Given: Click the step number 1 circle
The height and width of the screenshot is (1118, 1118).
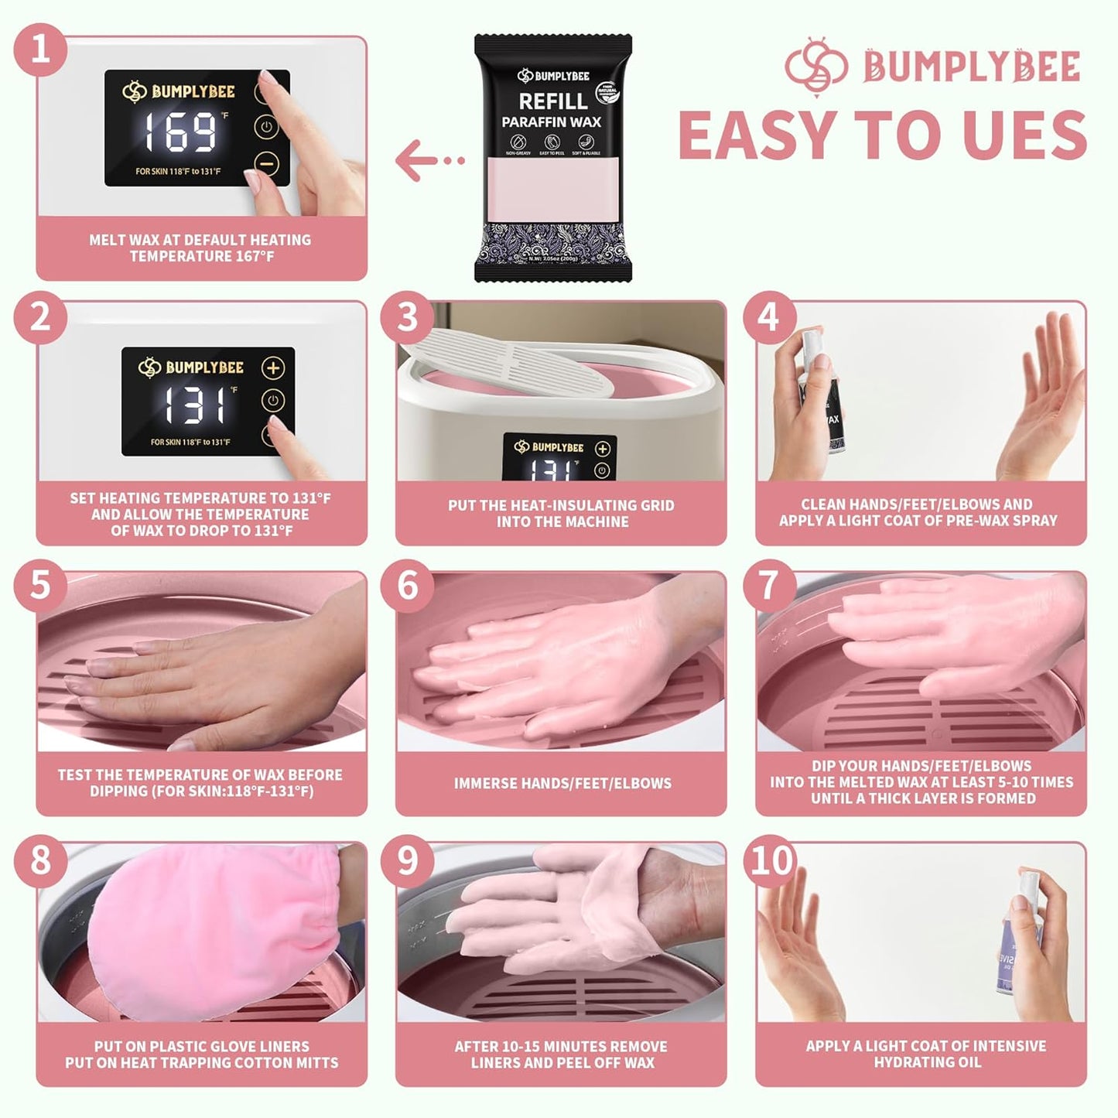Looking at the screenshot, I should click(39, 52).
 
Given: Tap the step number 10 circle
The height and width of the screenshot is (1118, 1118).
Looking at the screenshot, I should click(771, 860).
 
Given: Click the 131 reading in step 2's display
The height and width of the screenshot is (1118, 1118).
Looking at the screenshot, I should click(195, 405).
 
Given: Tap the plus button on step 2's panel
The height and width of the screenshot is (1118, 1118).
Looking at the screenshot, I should click(272, 368).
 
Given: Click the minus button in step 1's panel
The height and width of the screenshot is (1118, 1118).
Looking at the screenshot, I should click(265, 164).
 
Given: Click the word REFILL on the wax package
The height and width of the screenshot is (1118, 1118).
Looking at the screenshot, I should click(552, 101).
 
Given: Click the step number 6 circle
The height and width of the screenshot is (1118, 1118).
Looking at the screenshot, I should click(407, 586).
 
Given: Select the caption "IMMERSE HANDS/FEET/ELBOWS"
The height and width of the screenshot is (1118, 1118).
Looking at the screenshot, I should click(562, 783).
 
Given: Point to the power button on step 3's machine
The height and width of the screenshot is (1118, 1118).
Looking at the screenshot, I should click(602, 470).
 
